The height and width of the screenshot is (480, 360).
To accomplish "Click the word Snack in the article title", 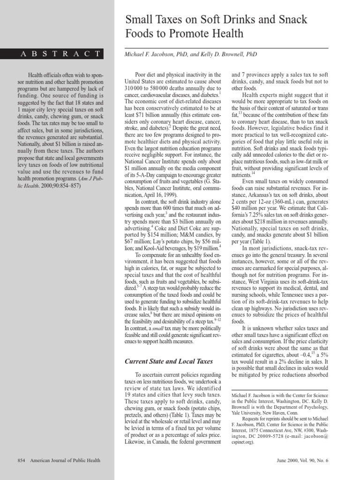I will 292,20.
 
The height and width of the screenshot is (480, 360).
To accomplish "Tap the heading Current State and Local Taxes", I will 168,361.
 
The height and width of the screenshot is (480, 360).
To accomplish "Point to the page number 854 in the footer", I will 21,460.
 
